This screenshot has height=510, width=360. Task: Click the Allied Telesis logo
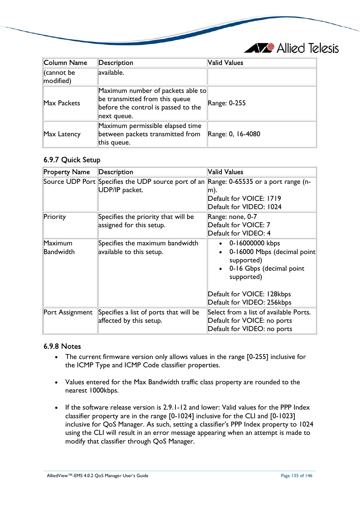[291, 48]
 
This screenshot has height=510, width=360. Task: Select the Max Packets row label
[62, 103]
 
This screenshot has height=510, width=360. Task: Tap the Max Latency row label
[62, 134]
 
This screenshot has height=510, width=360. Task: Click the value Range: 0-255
[226, 103]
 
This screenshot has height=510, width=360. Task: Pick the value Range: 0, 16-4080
[234, 134]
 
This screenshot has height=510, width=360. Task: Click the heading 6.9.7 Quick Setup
[72, 160]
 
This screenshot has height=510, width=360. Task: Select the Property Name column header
[67, 172]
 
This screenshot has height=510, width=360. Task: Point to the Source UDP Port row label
[69, 182]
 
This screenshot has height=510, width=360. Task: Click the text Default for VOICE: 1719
[244, 199]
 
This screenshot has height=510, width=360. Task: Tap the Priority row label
[55, 217]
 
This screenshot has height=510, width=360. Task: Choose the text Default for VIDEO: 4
[239, 233]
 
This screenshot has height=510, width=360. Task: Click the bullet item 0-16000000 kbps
[254, 243]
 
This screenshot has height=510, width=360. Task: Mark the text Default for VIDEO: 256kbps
[249, 302]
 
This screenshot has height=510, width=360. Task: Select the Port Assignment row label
[68, 312]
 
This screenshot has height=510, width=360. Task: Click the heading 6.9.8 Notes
[62, 346]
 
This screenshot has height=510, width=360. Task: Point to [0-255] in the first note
[257, 357]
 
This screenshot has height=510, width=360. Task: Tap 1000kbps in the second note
[104, 390]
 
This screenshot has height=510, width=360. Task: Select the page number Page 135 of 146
[296, 476]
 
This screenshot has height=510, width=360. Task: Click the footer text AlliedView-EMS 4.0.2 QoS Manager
[97, 476]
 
